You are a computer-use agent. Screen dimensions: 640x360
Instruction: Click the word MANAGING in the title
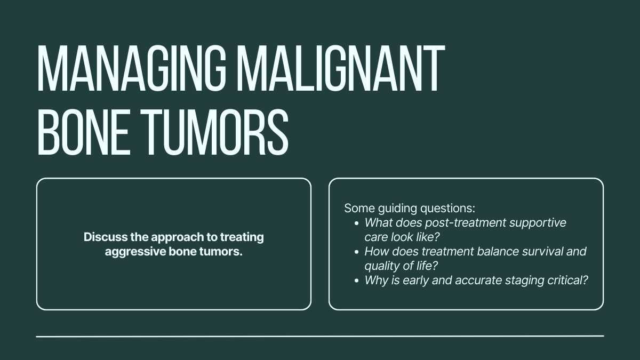pyautogui.click(x=132, y=68)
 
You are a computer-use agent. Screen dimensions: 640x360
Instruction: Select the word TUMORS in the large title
pyautogui.click(x=215, y=132)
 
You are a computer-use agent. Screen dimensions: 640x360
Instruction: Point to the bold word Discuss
pyautogui.click(x=105, y=237)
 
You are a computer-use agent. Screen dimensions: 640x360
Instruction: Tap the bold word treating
pyautogui.click(x=242, y=237)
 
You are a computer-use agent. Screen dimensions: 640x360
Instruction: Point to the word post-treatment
pyautogui.click(x=465, y=223)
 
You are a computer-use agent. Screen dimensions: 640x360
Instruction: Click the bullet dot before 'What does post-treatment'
pyautogui.click(x=356, y=223)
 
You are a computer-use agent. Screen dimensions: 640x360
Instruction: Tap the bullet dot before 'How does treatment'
pyautogui.click(x=356, y=252)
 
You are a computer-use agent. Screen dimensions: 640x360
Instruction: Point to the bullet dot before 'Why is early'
pyautogui.click(x=356, y=281)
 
